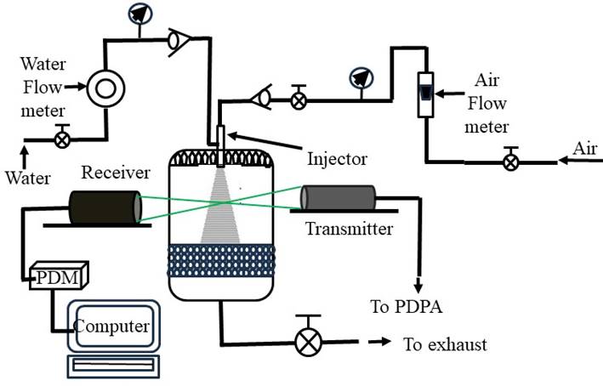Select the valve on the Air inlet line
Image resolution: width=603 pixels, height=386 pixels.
point(509,160)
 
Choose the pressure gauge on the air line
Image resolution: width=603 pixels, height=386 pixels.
point(361,78)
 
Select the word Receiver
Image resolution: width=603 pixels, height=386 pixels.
point(116,173)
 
